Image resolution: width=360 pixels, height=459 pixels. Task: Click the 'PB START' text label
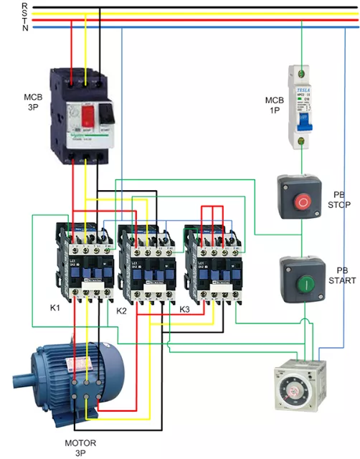click(x=342, y=275)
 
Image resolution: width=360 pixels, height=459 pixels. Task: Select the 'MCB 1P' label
click(x=275, y=105)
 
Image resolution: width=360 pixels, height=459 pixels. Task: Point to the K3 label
click(x=184, y=309)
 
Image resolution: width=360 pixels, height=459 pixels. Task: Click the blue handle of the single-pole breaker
click(x=302, y=123)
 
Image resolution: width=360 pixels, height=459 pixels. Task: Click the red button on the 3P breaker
click(x=90, y=113)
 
